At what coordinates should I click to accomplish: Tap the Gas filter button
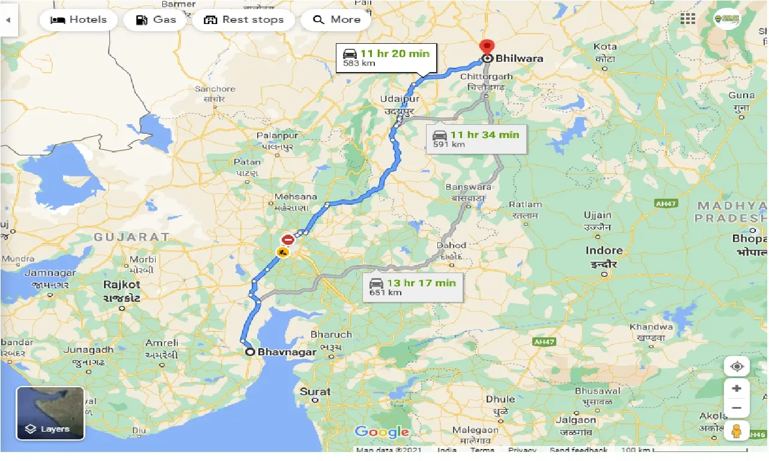pyautogui.click(x=156, y=20)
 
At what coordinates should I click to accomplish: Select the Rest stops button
pyautogui.click(x=243, y=20)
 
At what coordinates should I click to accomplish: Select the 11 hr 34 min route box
pyautogui.click(x=476, y=139)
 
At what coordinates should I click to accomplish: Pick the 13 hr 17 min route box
pyautogui.click(x=413, y=287)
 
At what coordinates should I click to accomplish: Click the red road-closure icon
pyautogui.click(x=288, y=240)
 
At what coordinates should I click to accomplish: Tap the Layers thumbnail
pyautogui.click(x=50, y=413)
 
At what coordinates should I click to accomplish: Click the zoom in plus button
pyautogui.click(x=737, y=388)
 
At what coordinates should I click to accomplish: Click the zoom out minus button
pyautogui.click(x=737, y=408)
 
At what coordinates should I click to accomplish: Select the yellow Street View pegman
pyautogui.click(x=737, y=432)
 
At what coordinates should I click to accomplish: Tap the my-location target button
pyautogui.click(x=737, y=366)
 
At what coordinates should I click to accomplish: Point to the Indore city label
pyautogui.click(x=604, y=251)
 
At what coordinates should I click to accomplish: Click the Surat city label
pyautogui.click(x=315, y=392)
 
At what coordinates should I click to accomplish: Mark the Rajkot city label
pyautogui.click(x=121, y=285)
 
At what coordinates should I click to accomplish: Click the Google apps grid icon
pyautogui.click(x=688, y=19)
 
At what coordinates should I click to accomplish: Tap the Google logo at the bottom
pyautogui.click(x=381, y=432)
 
